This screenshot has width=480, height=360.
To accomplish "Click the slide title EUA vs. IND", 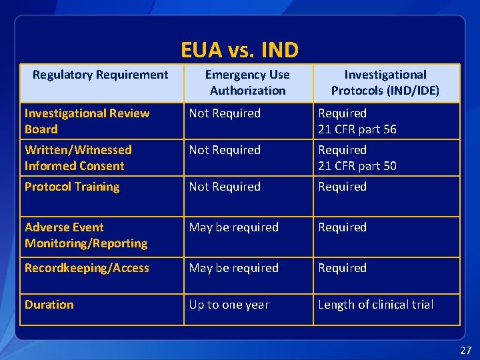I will (x=239, y=50).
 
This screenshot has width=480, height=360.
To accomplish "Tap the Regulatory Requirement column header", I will (x=101, y=75).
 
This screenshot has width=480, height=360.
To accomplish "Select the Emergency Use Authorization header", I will (x=247, y=83).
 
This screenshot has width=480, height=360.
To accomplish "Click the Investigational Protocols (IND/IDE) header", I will (x=385, y=83).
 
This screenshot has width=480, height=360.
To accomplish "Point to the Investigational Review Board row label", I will (x=87, y=121).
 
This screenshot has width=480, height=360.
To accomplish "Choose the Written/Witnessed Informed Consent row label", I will (x=78, y=158).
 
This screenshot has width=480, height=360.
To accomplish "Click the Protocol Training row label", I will (x=72, y=187).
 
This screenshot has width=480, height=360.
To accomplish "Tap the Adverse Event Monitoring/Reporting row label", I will (x=86, y=235).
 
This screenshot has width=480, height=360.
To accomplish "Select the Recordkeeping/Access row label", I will (x=87, y=268).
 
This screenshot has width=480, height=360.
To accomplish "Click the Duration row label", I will (x=49, y=305).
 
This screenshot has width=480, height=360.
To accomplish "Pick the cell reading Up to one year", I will (x=229, y=305).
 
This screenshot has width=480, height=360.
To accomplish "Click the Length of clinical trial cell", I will (x=375, y=305).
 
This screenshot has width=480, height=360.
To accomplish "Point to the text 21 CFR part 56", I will (x=357, y=129).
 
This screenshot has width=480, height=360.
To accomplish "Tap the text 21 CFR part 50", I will (x=357, y=166).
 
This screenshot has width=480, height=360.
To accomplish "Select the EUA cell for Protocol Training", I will (x=225, y=187).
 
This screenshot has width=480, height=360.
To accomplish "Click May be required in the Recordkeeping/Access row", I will (x=233, y=268).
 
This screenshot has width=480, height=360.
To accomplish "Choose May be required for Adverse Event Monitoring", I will (x=233, y=227).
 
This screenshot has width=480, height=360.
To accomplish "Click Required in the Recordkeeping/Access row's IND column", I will (x=342, y=268).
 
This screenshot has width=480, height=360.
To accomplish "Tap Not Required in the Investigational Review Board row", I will (x=225, y=113).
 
